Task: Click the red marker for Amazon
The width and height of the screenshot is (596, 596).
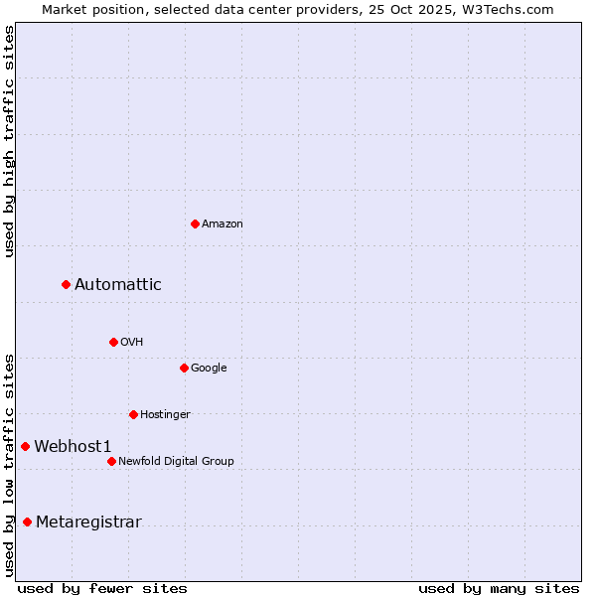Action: click(195, 223)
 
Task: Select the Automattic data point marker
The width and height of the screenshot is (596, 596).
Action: click(66, 285)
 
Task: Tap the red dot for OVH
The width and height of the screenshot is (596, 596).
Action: click(113, 342)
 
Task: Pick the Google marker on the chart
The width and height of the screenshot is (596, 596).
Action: click(184, 368)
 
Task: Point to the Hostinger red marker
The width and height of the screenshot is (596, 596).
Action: click(133, 414)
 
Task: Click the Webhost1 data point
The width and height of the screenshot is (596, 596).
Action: click(25, 447)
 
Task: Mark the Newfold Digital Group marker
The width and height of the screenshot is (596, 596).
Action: click(111, 461)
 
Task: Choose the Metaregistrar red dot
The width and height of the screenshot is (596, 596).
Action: click(27, 522)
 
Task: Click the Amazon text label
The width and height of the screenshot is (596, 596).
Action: click(223, 224)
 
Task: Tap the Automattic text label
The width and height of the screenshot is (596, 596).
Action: click(118, 285)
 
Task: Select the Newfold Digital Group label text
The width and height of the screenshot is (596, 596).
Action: click(176, 461)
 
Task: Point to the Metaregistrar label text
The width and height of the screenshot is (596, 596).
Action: click(88, 522)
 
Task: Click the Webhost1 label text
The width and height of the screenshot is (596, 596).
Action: click(73, 447)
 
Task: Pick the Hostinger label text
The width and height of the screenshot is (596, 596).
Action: click(165, 414)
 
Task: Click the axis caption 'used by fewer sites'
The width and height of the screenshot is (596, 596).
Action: click(102, 588)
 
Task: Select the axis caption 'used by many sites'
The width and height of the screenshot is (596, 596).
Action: click(499, 588)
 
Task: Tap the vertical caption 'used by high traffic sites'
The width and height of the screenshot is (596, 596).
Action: click(9, 141)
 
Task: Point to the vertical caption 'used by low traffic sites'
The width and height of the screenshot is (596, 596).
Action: click(9, 464)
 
